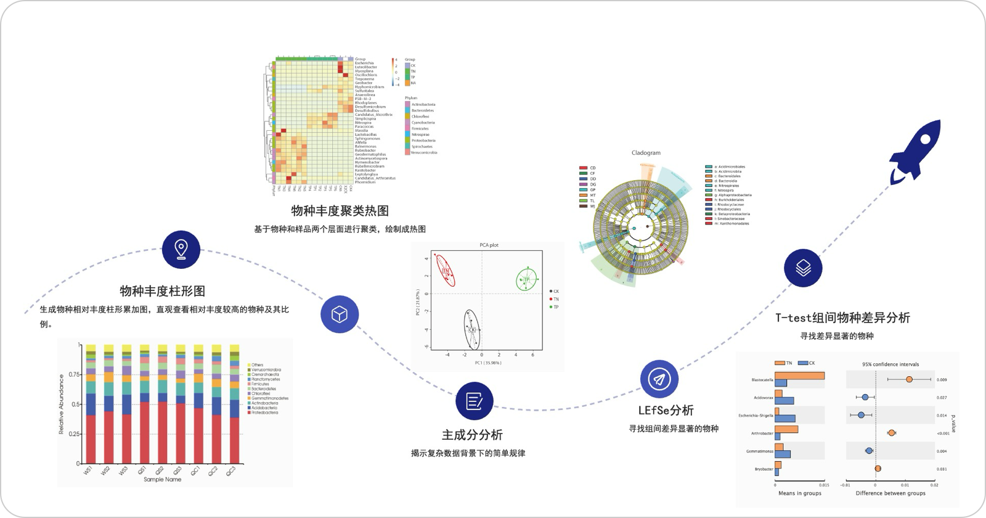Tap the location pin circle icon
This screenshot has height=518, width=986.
click(181, 249)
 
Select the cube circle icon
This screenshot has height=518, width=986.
click(339, 314)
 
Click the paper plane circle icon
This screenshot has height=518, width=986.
click(659, 379)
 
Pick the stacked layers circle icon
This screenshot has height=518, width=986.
click(803, 268)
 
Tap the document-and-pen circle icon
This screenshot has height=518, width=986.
click(475, 401)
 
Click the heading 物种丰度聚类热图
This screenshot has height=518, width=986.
click(340, 211)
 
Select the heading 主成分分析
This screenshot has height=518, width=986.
click(472, 435)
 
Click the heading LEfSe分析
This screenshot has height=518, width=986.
click(666, 411)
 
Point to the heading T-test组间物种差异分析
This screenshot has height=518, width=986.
click(842, 318)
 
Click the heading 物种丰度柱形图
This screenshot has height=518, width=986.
click(162, 291)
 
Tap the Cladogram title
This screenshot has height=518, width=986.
click(646, 153)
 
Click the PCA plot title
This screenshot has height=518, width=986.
click(489, 245)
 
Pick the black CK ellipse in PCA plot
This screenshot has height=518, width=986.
click(472, 329)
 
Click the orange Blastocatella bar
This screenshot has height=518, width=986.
click(799, 376)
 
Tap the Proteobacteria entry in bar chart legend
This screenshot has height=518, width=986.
click(264, 413)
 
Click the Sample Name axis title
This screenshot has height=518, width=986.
click(162, 479)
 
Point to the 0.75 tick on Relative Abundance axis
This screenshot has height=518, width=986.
click(74, 374)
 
